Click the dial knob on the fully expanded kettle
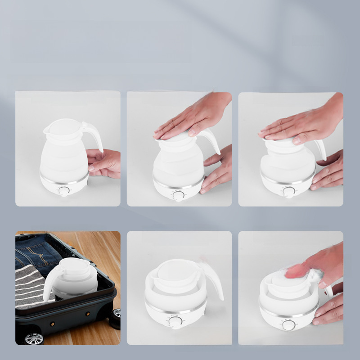(x=64, y=191)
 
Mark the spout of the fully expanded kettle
(x=46, y=130)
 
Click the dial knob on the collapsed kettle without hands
(x=176, y=321)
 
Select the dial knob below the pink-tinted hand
(x=288, y=325)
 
